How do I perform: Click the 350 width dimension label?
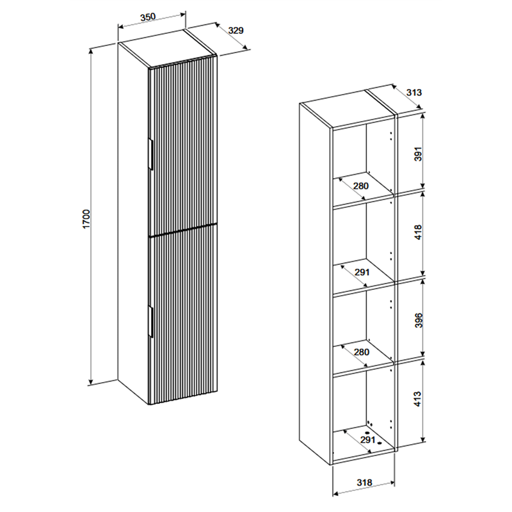coord(148,17)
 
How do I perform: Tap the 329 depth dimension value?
coord(236,30)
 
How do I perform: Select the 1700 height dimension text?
coord(86,219)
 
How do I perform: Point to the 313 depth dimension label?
coord(414,92)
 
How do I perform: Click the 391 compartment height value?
coord(419,154)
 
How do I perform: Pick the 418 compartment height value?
coord(419,232)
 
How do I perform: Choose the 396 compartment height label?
coord(419,321)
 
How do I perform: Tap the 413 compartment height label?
coord(419,399)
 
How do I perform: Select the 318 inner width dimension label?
coord(364,483)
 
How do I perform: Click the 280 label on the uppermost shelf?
coord(361,186)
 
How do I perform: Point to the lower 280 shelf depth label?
coord(362,352)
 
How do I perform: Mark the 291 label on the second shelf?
coord(362,271)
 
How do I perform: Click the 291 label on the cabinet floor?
coord(367,440)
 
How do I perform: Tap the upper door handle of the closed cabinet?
coord(151,154)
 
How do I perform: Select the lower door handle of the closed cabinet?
coord(151,321)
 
